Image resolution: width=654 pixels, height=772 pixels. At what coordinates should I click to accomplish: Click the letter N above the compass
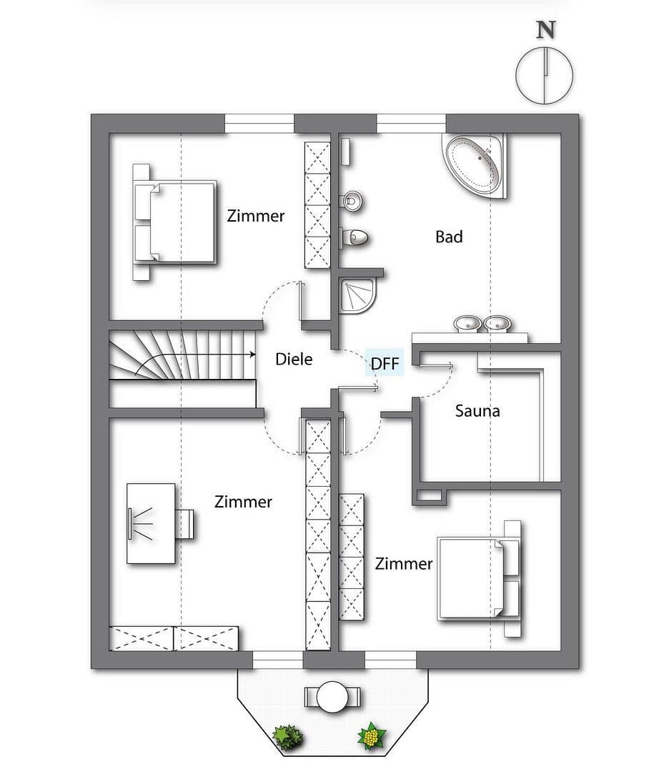click(546, 29)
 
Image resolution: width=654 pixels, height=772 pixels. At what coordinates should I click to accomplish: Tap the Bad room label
click(449, 237)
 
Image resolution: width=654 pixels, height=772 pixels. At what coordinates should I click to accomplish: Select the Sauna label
click(477, 411)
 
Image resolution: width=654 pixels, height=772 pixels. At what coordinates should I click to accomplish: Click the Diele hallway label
click(294, 359)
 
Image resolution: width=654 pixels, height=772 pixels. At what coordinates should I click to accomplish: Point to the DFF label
click(385, 364)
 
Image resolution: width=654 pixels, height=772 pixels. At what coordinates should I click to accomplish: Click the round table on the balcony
click(332, 696)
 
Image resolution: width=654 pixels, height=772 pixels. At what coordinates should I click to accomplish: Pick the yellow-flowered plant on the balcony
click(371, 735)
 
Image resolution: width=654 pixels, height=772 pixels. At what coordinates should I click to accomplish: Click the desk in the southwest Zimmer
click(151, 523)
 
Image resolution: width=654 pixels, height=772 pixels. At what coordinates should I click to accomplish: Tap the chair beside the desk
click(185, 523)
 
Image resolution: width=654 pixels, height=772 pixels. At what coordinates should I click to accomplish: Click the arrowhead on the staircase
click(252, 354)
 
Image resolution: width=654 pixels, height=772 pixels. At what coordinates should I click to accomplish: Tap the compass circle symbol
click(545, 74)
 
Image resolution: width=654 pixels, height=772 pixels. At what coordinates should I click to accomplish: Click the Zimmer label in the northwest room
click(255, 216)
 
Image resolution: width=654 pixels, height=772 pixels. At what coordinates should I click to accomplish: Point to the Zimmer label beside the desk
click(243, 503)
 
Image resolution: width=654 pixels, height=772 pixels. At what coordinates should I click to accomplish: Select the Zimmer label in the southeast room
click(404, 564)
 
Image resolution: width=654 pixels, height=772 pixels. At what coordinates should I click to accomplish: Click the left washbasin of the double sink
click(469, 324)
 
